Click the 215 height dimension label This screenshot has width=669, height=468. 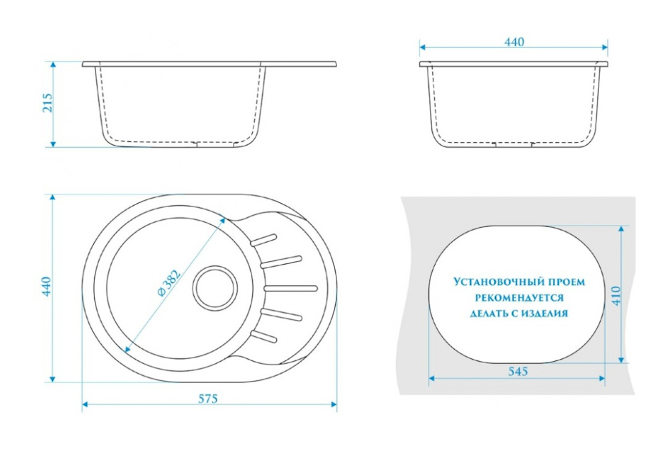tap(48, 103)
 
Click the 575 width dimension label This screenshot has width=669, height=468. tap(208, 398)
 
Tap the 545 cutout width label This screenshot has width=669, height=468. tap(518, 371)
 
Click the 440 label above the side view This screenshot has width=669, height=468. tap(514, 41)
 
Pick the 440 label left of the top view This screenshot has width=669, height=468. tap(47, 286)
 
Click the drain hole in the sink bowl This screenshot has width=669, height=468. tap(215, 287)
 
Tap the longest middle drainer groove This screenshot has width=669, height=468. tap(292, 287)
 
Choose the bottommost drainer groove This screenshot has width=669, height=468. tap(263, 336)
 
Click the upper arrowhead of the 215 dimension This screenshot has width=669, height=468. tap(53, 65)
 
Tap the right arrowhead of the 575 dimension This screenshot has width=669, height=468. tap(333, 404)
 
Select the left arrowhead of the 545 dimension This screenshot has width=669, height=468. tap(432, 378)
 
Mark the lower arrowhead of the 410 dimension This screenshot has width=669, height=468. tap(622, 360)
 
